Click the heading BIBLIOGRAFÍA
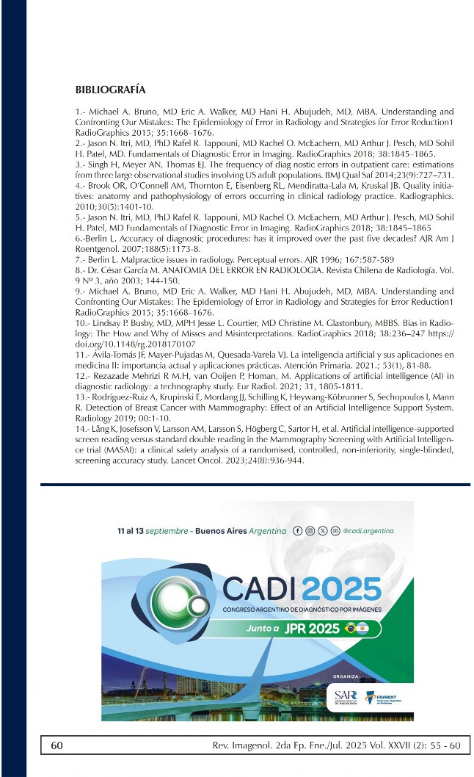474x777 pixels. click(111, 90)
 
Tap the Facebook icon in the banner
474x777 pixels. click(297, 530)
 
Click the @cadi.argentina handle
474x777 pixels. click(368, 530)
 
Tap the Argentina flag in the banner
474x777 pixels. click(366, 628)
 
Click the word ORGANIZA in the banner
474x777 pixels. click(346, 675)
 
